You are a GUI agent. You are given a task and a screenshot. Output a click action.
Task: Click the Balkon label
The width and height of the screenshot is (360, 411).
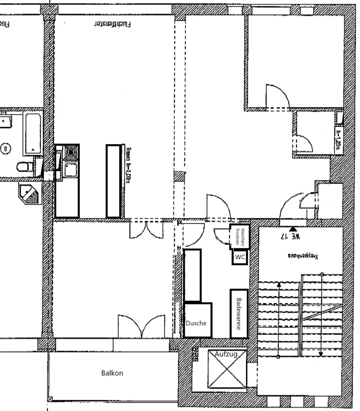point(112,373)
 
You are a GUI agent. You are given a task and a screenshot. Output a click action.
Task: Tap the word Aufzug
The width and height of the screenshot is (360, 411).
point(226,354)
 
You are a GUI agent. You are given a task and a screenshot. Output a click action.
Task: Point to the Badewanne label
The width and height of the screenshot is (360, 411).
point(239,314)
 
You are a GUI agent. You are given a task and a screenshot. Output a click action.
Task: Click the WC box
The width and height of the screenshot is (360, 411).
point(240,258)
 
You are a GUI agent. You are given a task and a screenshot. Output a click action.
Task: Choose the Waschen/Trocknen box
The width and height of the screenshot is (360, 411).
point(240,237)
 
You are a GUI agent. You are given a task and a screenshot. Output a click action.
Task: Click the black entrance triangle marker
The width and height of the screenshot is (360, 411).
point(293,229)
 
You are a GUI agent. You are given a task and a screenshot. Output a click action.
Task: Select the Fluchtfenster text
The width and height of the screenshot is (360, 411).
point(113,24)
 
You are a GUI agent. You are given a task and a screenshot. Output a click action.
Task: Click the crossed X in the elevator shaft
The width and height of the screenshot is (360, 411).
point(227,369)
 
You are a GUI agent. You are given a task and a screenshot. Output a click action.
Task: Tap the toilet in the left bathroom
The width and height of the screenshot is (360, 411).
point(25,167)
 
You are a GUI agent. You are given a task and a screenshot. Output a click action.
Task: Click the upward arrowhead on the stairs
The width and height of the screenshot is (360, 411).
point(279,284)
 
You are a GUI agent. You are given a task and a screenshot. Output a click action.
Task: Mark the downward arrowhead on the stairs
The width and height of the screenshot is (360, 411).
point(321,354)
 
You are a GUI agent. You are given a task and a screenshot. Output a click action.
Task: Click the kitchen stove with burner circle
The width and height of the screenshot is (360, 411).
point(71,153)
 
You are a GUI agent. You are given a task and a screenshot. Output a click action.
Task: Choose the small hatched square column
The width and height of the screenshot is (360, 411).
point(179,176)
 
